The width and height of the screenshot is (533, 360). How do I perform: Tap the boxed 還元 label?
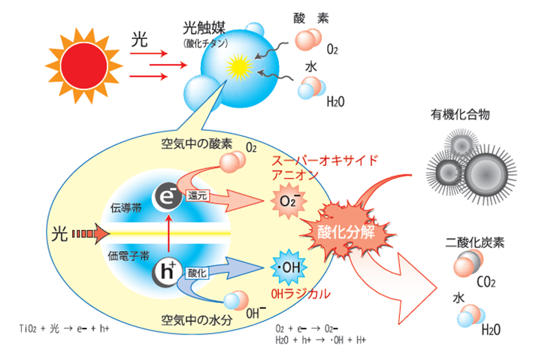point(198,195)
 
